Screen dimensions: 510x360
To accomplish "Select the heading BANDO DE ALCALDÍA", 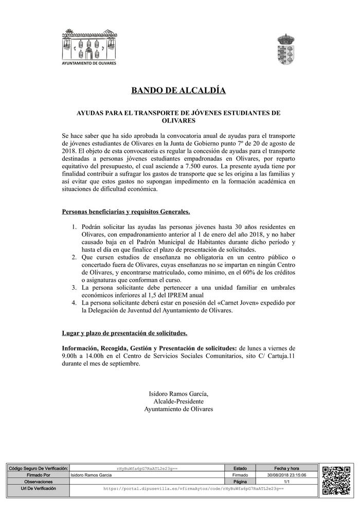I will tap(178, 91).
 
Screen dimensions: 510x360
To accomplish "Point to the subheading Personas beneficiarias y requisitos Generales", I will tap(125, 212).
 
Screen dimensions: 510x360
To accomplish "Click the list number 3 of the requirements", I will tap(74, 287).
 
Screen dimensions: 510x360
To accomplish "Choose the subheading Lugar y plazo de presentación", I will tap(124, 333).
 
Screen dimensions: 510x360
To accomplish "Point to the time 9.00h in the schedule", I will tap(70, 356).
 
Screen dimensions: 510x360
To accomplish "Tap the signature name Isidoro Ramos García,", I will tap(178, 394).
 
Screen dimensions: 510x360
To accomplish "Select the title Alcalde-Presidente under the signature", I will tap(178, 401).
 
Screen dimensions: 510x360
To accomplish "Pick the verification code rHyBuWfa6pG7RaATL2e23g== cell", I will tap(147, 469).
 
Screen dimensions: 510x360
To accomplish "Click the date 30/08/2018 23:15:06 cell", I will tap(287, 475).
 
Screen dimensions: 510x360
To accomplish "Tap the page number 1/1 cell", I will tap(287, 482).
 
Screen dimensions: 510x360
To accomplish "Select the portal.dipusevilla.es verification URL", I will tap(193, 488).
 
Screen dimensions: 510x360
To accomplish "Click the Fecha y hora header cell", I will tap(287, 468).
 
